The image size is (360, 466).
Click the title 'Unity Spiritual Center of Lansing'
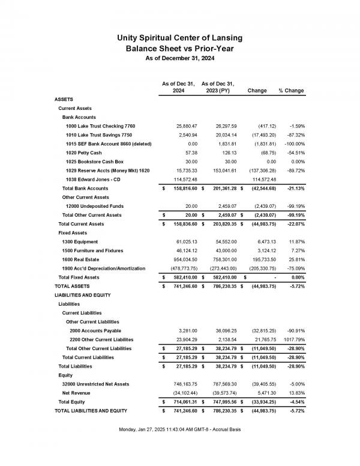[180, 38]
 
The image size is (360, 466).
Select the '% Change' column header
[291, 91]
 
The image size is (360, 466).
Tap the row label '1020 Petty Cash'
[86, 153]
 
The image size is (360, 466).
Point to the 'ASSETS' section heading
[65, 99]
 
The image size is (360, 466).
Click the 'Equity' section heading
[66, 374]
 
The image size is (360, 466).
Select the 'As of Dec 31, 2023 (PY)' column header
[218, 87]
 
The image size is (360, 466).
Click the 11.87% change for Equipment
[294, 241]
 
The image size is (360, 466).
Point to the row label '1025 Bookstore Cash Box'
[95, 162]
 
